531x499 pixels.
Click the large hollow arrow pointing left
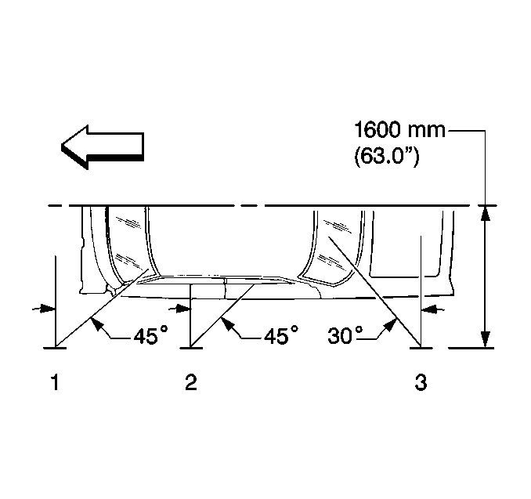pyautogui.click(x=103, y=147)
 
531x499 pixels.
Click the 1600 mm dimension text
pyautogui.click(x=399, y=130)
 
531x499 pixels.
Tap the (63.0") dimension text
pyautogui.click(x=386, y=157)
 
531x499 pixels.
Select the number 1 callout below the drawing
pyautogui.click(x=55, y=382)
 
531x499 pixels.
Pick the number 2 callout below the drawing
pyautogui.click(x=191, y=382)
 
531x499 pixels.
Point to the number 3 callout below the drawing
pyautogui.click(x=421, y=382)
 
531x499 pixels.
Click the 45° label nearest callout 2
pyautogui.click(x=281, y=335)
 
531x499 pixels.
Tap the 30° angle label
pyautogui.click(x=345, y=335)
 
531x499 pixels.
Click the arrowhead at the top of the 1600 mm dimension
pyautogui.click(x=486, y=213)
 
